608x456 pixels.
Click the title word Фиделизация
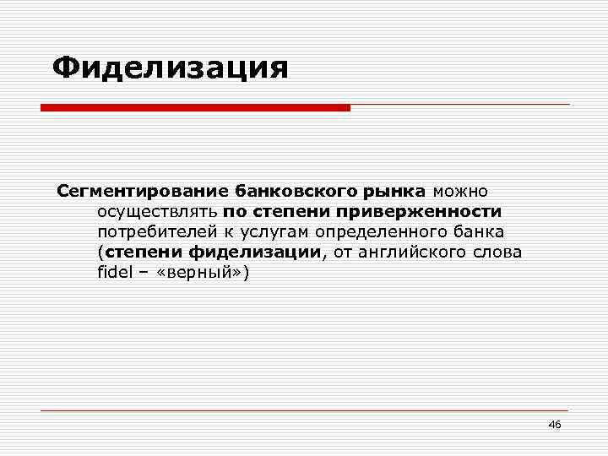pyautogui.click(x=170, y=68)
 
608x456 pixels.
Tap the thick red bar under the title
pyautogui.click(x=195, y=108)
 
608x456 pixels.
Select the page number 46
pyautogui.click(x=554, y=424)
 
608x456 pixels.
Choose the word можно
pyautogui.click(x=460, y=190)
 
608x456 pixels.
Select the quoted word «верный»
pyautogui.click(x=198, y=273)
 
